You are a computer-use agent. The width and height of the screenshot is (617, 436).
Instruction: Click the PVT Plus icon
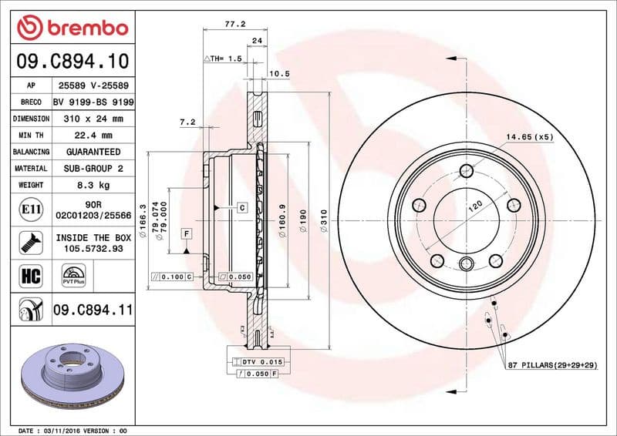click(x=73, y=276)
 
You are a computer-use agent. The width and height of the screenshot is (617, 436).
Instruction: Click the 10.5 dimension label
click(x=278, y=74)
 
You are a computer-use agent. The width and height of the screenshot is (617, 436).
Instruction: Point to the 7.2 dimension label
click(x=187, y=122)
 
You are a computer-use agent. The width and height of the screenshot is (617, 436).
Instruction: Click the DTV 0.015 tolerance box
click(x=262, y=361)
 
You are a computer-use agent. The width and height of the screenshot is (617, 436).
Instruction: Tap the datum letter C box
click(x=241, y=207)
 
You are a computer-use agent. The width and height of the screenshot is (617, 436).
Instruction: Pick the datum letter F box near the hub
click(x=187, y=232)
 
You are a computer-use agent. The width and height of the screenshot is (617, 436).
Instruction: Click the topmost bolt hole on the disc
click(x=465, y=171)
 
